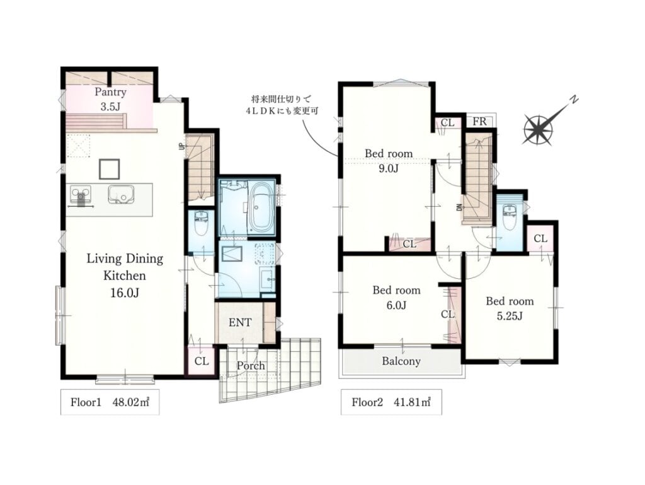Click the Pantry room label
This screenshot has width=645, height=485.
click(110, 92)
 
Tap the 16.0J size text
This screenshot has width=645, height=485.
click(124, 293)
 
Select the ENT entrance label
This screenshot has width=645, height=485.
click(239, 322)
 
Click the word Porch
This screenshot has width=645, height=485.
click(251, 366)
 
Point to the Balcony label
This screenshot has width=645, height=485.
click(401, 361)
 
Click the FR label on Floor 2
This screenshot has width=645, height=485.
click(479, 122)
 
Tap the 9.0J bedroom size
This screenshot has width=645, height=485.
click(388, 168)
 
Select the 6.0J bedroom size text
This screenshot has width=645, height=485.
click(396, 305)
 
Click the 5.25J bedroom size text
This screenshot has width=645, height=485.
click(509, 316)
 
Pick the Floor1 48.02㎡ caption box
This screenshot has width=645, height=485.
click(110, 402)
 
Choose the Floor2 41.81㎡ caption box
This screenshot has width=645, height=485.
click(391, 402)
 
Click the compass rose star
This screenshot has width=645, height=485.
click(538, 130)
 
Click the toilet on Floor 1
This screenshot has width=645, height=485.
click(201, 223)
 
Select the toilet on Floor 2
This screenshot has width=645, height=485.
click(510, 218)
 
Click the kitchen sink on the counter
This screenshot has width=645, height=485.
click(121, 194)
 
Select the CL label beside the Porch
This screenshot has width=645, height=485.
click(201, 361)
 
